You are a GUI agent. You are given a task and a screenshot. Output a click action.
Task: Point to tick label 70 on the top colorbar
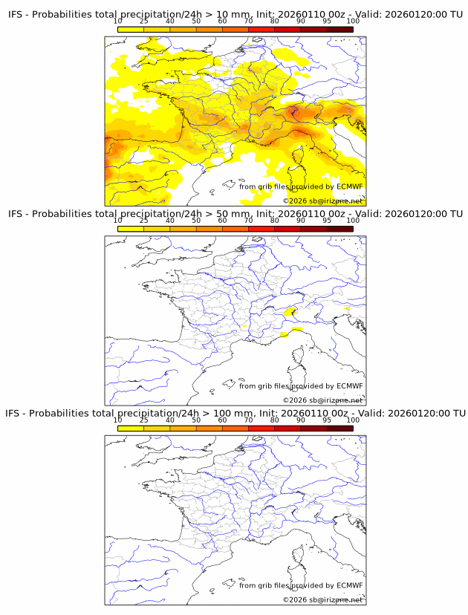click(x=249, y=22)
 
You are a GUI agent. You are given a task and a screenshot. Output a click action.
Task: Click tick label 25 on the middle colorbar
click(x=143, y=221)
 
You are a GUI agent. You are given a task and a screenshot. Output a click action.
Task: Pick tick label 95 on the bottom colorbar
click(x=327, y=420)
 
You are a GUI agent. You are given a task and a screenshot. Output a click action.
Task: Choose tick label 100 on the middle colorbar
click(x=353, y=221)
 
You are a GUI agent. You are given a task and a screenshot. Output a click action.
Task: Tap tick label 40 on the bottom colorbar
click(x=170, y=420)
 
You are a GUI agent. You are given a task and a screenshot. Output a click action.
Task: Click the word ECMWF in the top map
click(x=349, y=186)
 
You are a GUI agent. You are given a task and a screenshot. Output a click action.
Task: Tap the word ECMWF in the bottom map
click(x=349, y=585)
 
